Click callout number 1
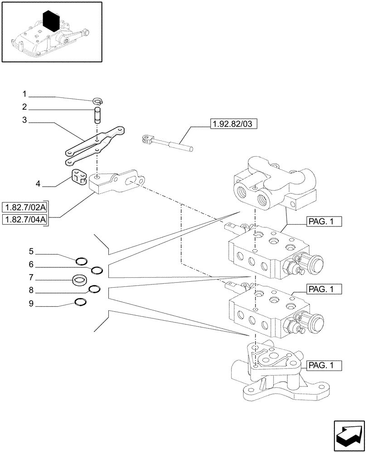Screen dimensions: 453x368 pyautogui.click(x=25, y=95)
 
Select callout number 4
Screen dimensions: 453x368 pyautogui.click(x=38, y=184)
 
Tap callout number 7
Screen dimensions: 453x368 pyautogui.click(x=31, y=277)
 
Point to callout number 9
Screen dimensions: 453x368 pyautogui.click(x=31, y=304)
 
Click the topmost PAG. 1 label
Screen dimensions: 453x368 pyautogui.click(x=323, y=222)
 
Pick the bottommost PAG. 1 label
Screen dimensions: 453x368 pyautogui.click(x=323, y=365)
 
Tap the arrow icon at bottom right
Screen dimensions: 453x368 pyautogui.click(x=348, y=432)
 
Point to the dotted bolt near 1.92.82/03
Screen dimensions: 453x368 pyautogui.click(x=168, y=144)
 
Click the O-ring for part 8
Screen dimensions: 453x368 pyautogui.click(x=94, y=289)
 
